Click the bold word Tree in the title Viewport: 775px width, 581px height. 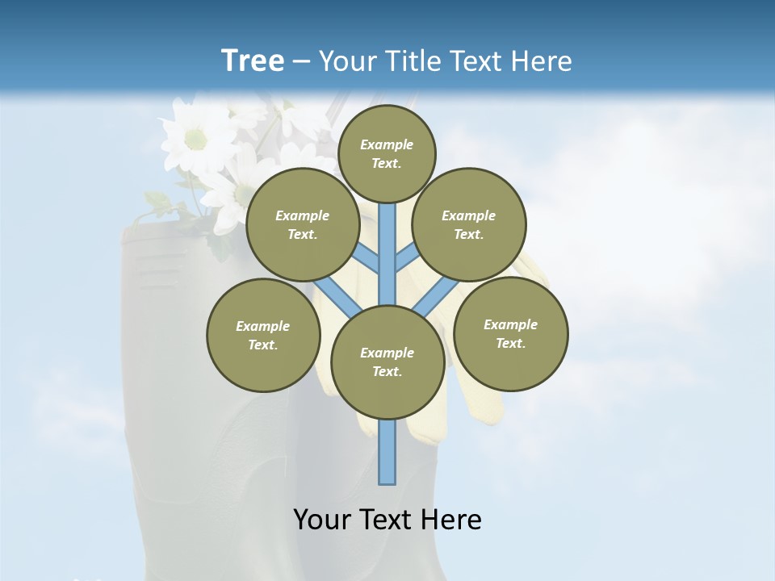click(x=253, y=61)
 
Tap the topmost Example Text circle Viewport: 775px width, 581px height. click(x=387, y=153)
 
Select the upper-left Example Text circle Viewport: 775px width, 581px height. click(x=302, y=224)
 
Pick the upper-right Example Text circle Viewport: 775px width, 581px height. click(x=469, y=224)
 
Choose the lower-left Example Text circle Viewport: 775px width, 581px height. click(x=263, y=335)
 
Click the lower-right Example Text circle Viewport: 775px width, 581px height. click(x=510, y=333)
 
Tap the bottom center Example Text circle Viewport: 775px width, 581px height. click(x=387, y=362)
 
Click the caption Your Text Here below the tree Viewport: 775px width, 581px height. click(x=387, y=519)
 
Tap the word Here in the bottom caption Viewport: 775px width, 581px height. click(x=455, y=519)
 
